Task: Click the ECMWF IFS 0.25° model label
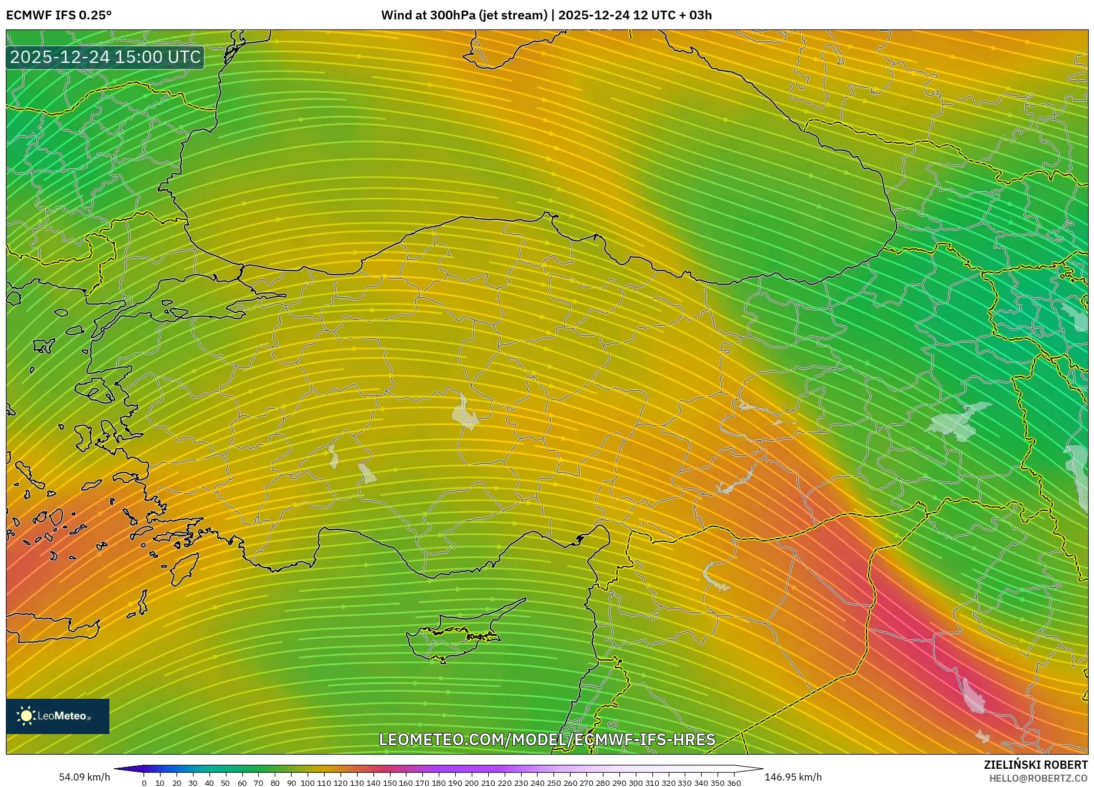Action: click(59, 15)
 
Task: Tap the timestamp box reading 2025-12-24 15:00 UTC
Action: click(105, 58)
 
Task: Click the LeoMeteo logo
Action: click(58, 716)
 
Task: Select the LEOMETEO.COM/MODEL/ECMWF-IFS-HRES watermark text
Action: click(547, 739)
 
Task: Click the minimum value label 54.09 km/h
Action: click(85, 777)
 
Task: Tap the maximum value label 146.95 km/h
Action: click(793, 777)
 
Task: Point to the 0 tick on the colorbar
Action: click(144, 783)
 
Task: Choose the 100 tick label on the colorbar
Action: click(307, 783)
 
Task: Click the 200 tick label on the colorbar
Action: click(471, 783)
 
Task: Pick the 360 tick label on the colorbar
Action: click(733, 783)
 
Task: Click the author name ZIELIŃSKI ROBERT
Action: click(1035, 765)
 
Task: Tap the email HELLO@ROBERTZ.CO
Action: click(1038, 778)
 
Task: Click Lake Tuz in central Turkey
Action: click(465, 412)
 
